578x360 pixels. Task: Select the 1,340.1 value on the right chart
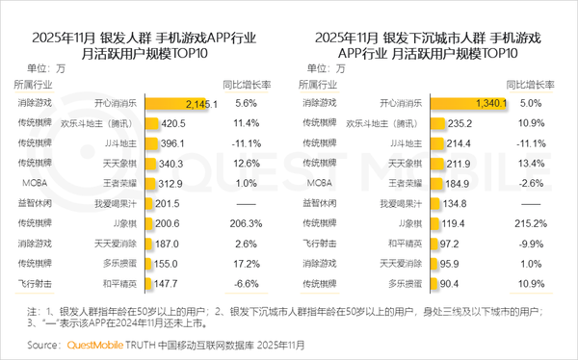click(487, 103)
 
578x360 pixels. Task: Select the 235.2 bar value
click(457, 123)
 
